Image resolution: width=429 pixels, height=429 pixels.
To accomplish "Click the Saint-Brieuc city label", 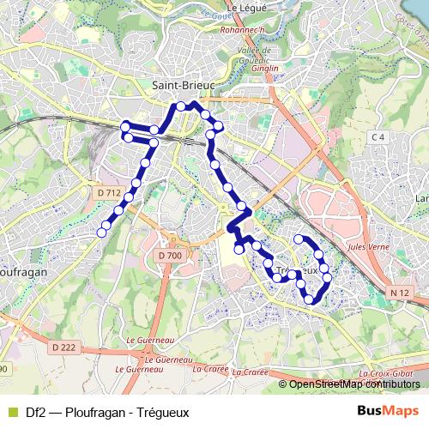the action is pos(182,85).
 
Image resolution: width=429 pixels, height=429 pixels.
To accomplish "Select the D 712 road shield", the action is pos(108,193).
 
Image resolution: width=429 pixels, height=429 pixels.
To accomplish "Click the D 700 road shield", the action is pos(170,256).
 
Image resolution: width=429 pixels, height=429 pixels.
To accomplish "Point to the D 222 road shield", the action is pos(63,347).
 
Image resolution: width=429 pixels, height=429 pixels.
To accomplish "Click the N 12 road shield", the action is pos(396,293).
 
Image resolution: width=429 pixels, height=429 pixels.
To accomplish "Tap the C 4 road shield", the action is pos(378,137).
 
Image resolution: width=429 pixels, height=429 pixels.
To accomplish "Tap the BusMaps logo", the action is pos(389,411).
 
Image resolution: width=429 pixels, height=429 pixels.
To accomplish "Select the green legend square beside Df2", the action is pos(11,412).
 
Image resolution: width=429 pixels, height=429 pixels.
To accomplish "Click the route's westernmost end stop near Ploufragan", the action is pos(102,231).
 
